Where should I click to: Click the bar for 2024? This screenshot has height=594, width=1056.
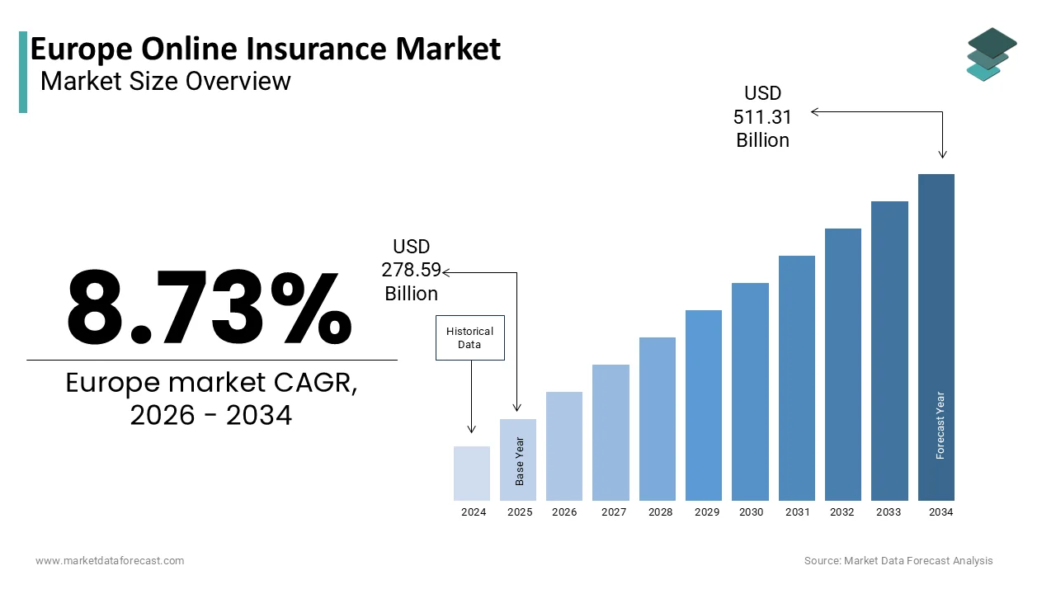click(x=472, y=474)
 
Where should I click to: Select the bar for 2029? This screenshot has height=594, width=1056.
click(x=704, y=405)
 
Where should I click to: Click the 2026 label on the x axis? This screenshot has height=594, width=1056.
click(x=564, y=512)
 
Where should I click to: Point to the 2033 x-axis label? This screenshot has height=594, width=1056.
click(x=889, y=512)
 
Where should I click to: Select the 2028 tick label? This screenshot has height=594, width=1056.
click(x=660, y=512)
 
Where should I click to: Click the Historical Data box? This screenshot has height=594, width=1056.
click(x=469, y=337)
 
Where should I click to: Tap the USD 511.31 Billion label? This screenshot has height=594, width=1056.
click(x=762, y=117)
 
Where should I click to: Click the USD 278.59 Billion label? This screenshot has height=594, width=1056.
click(x=411, y=270)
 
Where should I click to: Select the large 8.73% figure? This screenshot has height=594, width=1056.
click(x=210, y=307)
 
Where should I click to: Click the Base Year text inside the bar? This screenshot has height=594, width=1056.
click(x=520, y=460)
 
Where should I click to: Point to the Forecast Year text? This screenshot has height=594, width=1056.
click(x=940, y=425)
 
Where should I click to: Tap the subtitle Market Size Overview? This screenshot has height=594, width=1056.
click(x=165, y=81)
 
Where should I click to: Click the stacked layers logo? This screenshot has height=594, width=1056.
click(x=991, y=54)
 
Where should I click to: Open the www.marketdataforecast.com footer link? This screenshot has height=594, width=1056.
click(x=110, y=561)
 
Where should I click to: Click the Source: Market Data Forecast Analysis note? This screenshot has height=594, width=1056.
click(x=898, y=561)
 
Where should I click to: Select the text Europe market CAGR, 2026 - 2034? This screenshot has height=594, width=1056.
click(x=211, y=399)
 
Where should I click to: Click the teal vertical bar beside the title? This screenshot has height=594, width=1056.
click(x=23, y=72)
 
